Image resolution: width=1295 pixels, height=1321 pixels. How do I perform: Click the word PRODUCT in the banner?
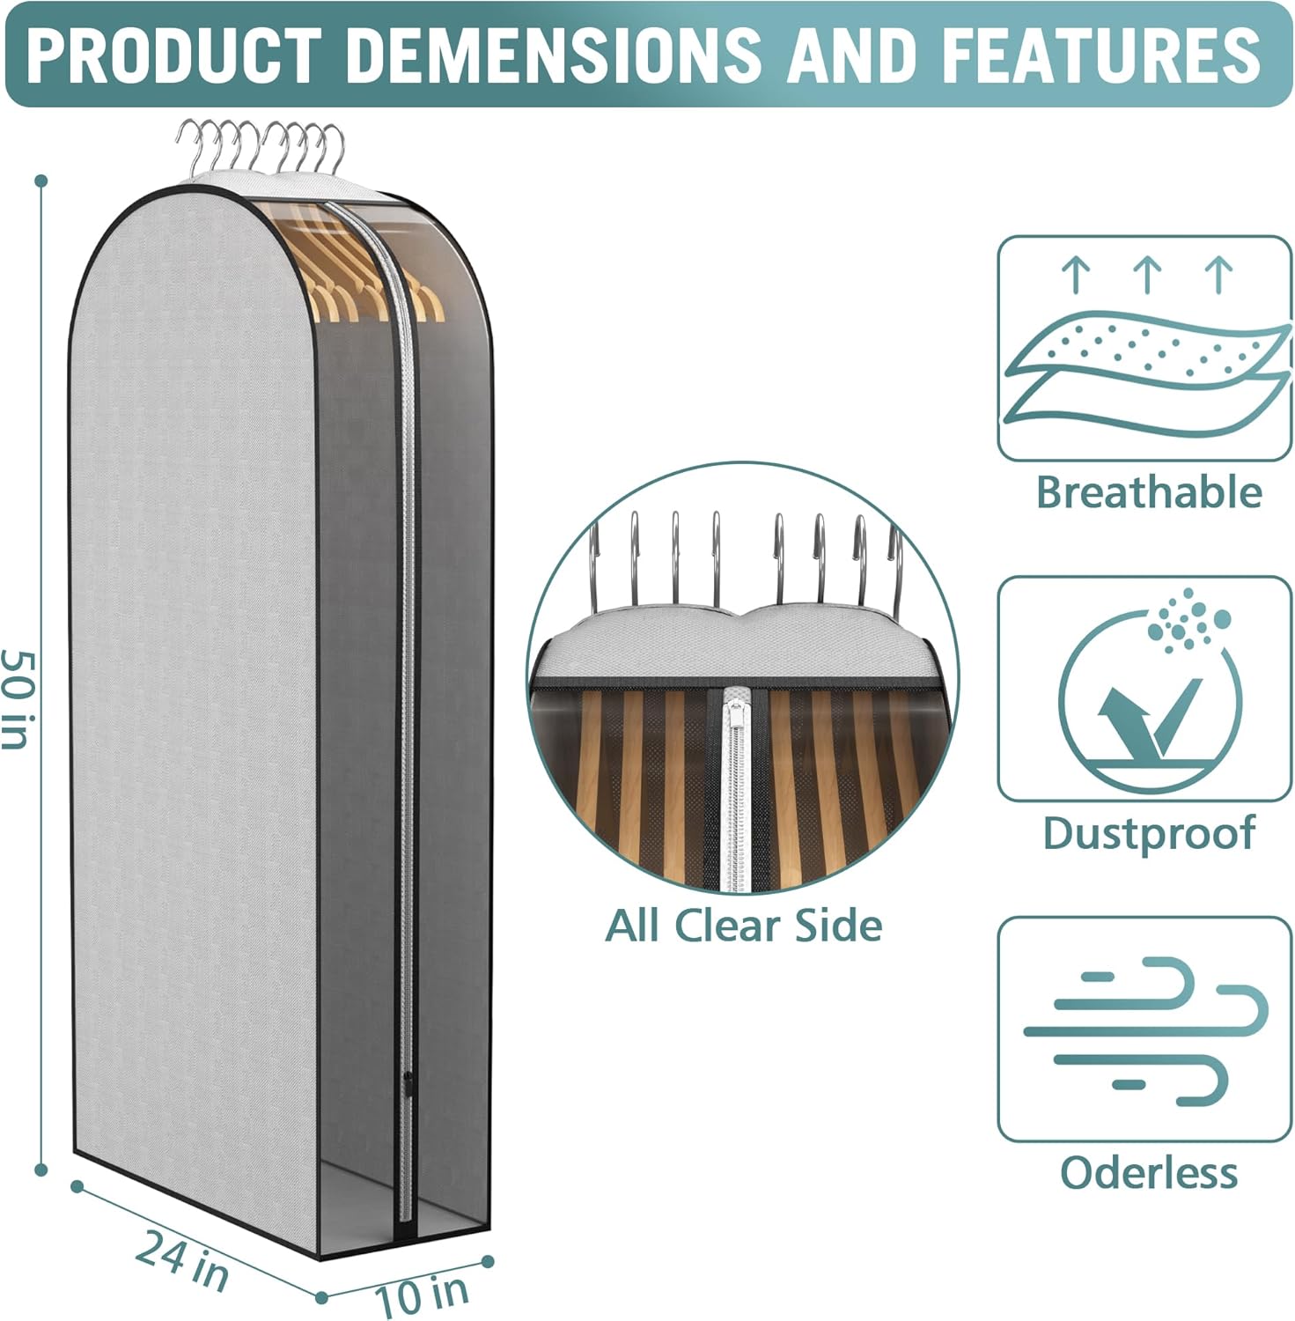click(172, 54)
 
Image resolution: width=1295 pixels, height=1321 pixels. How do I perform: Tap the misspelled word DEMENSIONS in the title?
click(554, 54)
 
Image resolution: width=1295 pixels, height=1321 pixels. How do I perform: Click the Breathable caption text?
click(1148, 491)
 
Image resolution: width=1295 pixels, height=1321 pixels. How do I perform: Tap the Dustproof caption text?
click(1148, 833)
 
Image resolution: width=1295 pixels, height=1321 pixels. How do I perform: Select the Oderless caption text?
click(1148, 1172)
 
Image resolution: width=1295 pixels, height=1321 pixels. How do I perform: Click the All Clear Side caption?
click(743, 925)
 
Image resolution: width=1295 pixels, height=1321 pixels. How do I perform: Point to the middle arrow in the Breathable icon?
click(1147, 273)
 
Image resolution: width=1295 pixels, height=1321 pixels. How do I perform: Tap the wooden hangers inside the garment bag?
click(352, 282)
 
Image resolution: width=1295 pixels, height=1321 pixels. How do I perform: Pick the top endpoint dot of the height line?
click(40, 181)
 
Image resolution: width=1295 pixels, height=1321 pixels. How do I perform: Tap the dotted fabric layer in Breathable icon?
click(1144, 348)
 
